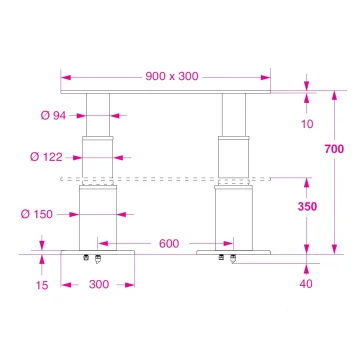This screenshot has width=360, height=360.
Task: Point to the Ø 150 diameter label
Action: (51, 213)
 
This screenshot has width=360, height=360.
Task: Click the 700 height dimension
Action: (335, 149)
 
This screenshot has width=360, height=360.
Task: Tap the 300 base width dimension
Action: (99, 285)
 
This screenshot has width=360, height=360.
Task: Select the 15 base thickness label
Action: (43, 285)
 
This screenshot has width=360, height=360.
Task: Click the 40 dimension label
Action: (306, 284)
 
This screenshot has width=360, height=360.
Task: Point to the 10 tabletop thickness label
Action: (306, 124)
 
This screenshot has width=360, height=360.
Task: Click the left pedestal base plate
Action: (97, 251)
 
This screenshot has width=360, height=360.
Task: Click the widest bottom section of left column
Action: (97, 215)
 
